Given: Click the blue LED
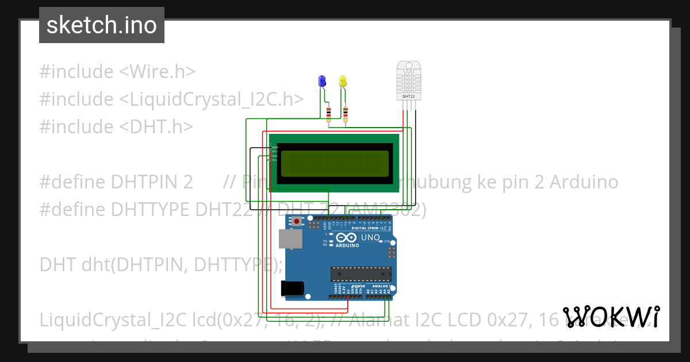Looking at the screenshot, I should [321, 81].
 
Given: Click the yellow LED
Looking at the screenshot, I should [343, 81].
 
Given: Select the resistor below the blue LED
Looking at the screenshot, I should [328, 113].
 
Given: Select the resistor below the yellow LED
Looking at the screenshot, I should [346, 113].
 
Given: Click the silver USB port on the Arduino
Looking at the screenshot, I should [289, 239].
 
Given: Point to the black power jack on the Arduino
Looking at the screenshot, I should [291, 288].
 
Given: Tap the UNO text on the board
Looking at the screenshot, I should [370, 237].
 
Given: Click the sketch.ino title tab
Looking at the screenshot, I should [102, 25].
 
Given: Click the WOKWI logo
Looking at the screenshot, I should [611, 317].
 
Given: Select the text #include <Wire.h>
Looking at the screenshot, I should [117, 72].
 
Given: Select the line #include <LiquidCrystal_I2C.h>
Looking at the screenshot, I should [171, 99].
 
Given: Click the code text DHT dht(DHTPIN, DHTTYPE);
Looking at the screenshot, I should [161, 264].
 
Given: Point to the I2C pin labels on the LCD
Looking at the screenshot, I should [275, 153].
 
